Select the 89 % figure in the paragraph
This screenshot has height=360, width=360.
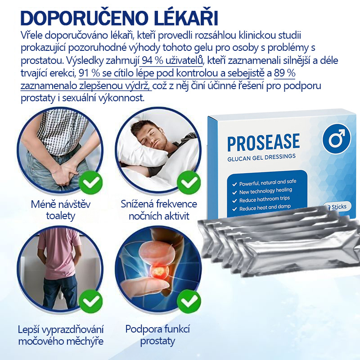click(x=284, y=73)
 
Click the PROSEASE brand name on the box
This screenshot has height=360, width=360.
click(x=263, y=142)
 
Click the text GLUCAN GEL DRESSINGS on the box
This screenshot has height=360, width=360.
click(x=261, y=156)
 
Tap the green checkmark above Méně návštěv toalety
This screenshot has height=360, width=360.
click(x=90, y=182)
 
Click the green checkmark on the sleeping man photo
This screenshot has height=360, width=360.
click(x=189, y=182)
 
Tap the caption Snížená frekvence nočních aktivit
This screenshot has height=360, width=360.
click(x=159, y=210)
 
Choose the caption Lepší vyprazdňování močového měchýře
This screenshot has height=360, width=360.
click(x=61, y=335)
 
